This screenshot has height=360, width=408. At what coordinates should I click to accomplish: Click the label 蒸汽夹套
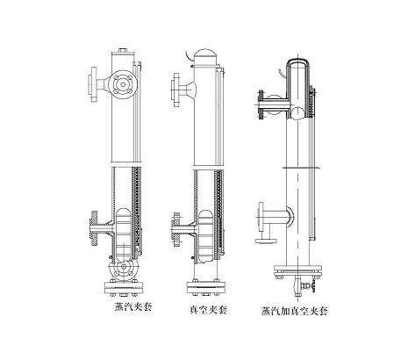tap(133, 307)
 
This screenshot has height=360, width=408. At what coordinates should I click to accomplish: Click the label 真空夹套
tap(208, 310)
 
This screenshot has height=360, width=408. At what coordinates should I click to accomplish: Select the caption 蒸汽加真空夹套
tap(294, 311)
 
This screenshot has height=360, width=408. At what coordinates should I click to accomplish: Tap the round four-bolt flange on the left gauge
tap(123, 84)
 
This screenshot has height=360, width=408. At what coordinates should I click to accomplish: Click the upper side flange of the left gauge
tap(94, 84)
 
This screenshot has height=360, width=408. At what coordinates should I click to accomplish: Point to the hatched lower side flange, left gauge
tap(94, 228)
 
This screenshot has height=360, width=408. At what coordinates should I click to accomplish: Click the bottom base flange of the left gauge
tap(124, 288)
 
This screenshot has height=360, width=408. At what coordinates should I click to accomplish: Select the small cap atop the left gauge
tap(124, 51)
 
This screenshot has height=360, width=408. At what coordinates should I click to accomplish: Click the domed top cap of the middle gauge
tap(206, 55)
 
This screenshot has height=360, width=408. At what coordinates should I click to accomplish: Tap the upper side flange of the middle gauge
tap(176, 90)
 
